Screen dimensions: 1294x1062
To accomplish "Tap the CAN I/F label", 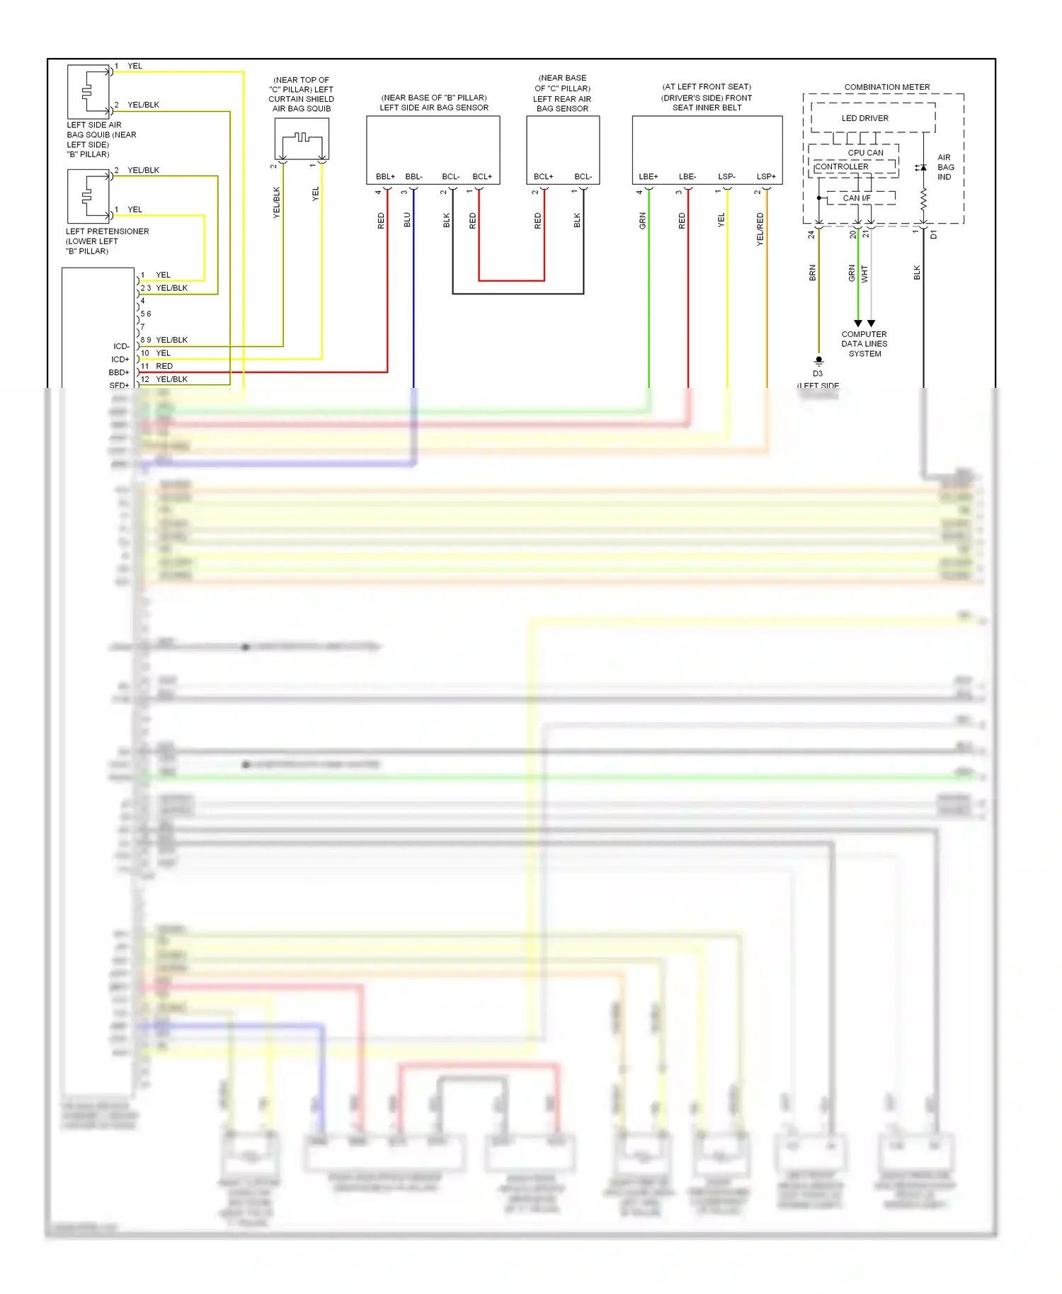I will click(x=856, y=198).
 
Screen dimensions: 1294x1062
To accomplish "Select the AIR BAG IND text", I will click(x=945, y=167).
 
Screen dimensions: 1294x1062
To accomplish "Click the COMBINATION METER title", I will click(x=886, y=87).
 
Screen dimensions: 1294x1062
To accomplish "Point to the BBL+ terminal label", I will click(x=385, y=176).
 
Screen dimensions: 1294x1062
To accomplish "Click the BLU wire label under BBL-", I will click(x=407, y=220).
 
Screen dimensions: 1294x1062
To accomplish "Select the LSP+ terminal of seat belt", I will click(x=765, y=176).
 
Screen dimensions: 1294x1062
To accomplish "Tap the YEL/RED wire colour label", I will click(x=760, y=229).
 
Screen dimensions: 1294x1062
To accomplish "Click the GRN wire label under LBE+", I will click(x=643, y=221).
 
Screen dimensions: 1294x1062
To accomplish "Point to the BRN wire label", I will click(x=812, y=273).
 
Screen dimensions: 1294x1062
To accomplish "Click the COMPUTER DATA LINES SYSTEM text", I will click(x=864, y=344).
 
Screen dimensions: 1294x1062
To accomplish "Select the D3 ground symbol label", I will click(x=818, y=373).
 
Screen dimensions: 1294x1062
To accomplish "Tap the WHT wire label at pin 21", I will click(x=864, y=274).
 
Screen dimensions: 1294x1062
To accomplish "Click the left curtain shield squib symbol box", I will click(x=302, y=139).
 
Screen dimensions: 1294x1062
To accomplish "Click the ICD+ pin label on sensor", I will click(x=120, y=360).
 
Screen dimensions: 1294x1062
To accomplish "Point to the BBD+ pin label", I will click(x=119, y=372).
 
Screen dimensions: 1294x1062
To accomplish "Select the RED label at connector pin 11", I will click(x=164, y=366).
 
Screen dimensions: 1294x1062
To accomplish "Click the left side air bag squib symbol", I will click(x=88, y=91).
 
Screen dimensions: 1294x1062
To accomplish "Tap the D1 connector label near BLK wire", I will click(x=934, y=234).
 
